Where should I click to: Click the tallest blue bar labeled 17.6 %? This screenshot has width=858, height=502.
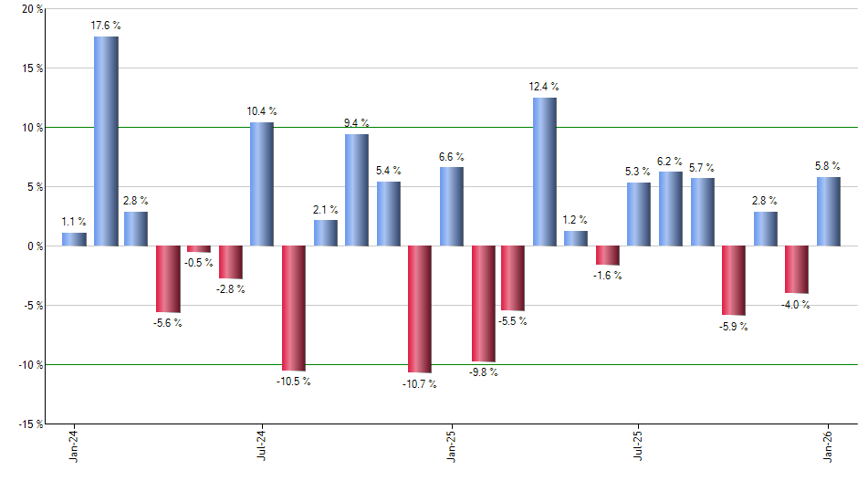coord(106,141)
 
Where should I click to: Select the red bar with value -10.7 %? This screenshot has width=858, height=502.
coord(419,309)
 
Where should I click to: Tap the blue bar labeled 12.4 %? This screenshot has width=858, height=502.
coord(544,172)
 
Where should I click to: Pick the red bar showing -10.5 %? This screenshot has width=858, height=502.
coord(293,308)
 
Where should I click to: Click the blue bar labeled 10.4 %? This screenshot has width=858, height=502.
coord(262,184)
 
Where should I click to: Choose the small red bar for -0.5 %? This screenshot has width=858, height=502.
coord(199,249)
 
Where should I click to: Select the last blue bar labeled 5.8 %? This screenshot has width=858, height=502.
coord(828,212)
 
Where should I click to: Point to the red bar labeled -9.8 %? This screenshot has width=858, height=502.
coord(483,304)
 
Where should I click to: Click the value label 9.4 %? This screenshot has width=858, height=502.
coord(356,123)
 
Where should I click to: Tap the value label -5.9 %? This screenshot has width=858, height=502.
coord(733,327)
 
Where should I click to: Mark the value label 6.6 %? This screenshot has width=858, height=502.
coord(451,156)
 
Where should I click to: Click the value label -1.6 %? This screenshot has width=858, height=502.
coord(607,276)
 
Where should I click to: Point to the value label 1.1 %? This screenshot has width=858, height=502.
coord(74,221)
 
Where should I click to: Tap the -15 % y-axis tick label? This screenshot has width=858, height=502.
coord(29,424)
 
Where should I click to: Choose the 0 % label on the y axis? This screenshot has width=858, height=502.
coord(35,246)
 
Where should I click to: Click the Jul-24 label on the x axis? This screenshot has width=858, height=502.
coord(262,446)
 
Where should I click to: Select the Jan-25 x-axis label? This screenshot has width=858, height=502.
coord(451,446)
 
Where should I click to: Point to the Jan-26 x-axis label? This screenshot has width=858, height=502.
coord(829,446)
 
